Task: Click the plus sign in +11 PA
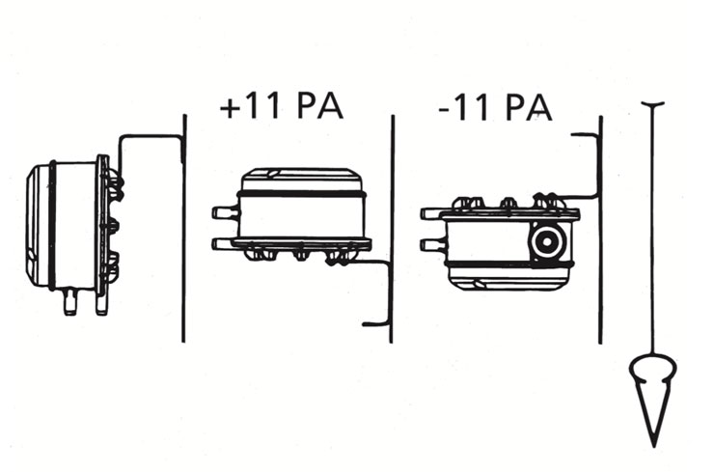pyautogui.click(x=230, y=108)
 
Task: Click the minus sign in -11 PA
pyautogui.click(x=445, y=109)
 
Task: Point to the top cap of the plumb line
pyautogui.click(x=652, y=105)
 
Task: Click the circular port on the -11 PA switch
pyautogui.click(x=547, y=242)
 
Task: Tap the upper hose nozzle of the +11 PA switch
pyautogui.click(x=225, y=212)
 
